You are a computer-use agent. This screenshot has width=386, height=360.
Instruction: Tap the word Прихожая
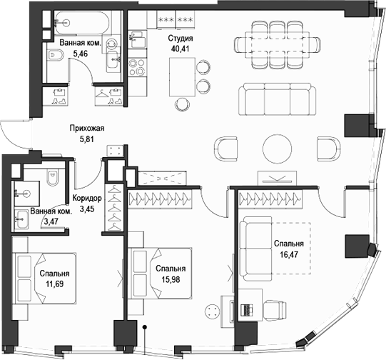pos(86,129)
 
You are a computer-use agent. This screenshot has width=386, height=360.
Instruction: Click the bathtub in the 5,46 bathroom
pos(81,23)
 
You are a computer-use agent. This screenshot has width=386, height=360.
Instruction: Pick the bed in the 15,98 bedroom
pos(161,275)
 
